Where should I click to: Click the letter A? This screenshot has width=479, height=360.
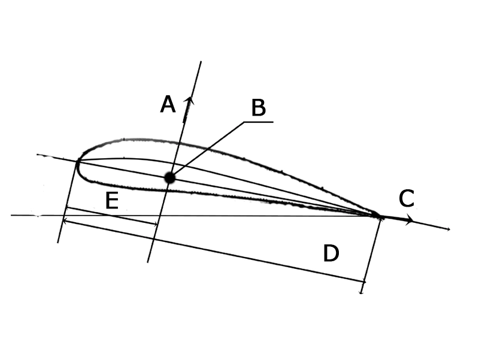point(168,104)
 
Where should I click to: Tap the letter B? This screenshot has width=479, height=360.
point(259,108)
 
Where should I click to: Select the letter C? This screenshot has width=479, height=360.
point(407,198)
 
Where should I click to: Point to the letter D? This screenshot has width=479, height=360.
point(331,253)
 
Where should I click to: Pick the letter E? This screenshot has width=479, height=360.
point(112,201)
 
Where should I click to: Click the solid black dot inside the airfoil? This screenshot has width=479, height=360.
point(169,177)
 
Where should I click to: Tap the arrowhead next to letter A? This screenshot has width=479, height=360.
point(189,100)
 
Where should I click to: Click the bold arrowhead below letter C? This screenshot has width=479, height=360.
point(409,220)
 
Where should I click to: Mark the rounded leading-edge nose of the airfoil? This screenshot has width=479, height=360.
point(78,165)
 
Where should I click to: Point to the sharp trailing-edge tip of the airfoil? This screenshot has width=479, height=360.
point(379,216)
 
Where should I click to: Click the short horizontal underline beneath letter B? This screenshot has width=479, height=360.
point(259,122)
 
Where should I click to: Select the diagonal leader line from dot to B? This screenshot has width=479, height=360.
point(207,149)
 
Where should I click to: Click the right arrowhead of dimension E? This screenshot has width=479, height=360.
point(155,224)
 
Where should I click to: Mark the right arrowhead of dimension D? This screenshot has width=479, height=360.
point(363,281)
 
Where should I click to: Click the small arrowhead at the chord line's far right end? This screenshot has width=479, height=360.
point(448,229)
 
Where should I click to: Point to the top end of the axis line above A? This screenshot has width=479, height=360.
point(201,62)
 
